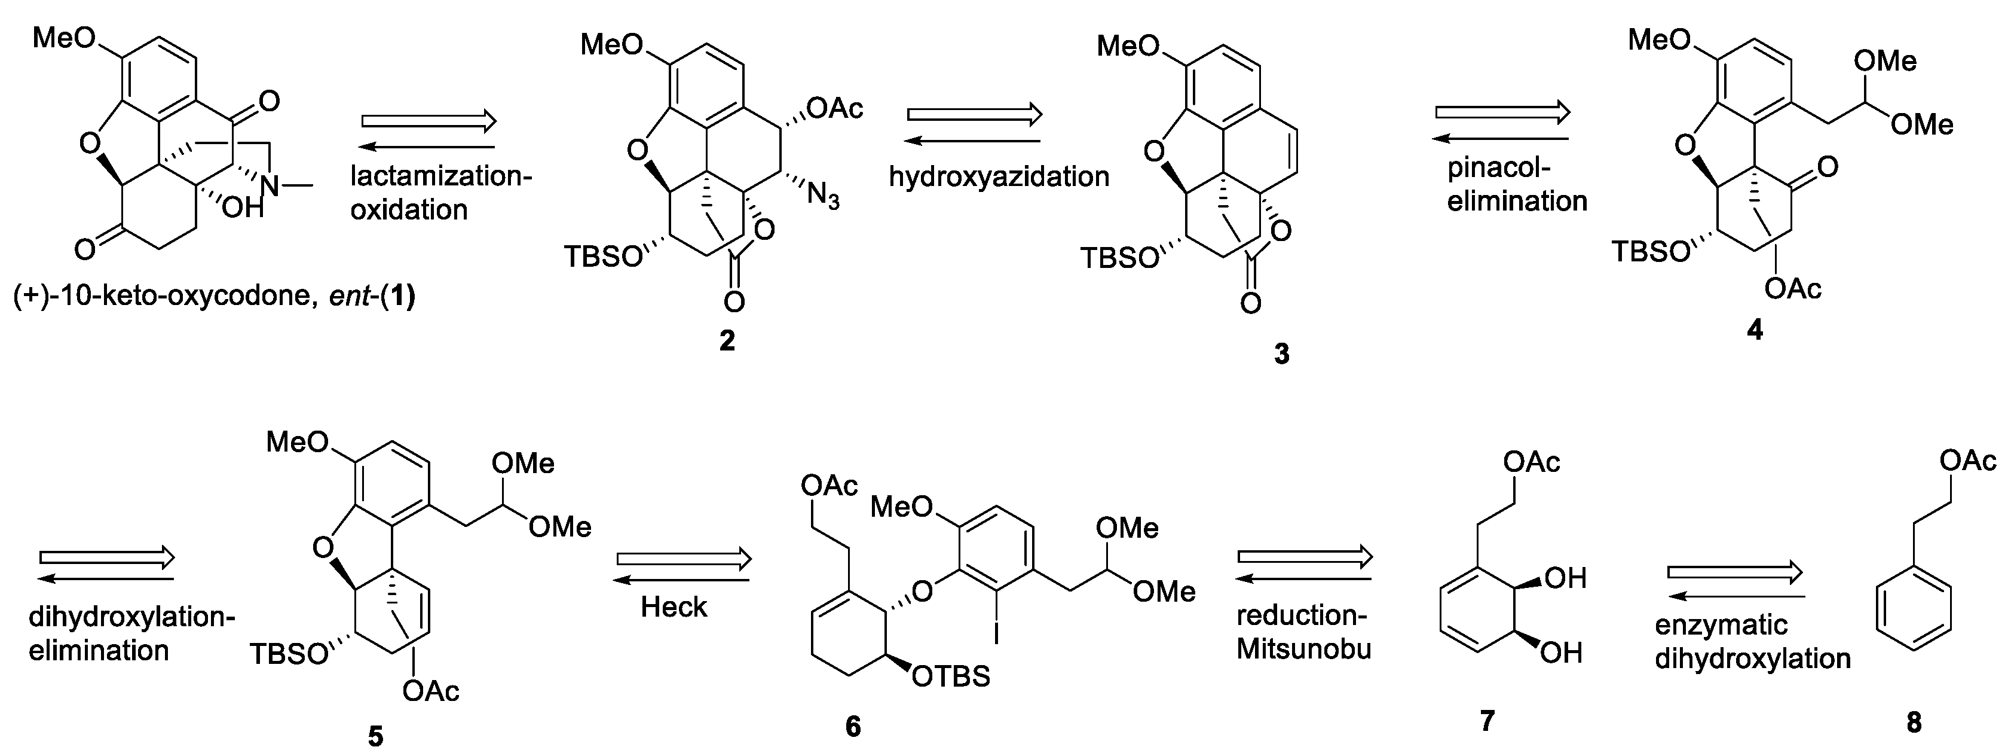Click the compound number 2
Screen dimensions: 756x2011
[727, 340]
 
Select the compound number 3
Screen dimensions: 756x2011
[1282, 354]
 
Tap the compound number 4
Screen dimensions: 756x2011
[1754, 330]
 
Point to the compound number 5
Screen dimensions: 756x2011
[375, 736]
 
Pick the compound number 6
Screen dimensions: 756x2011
[853, 726]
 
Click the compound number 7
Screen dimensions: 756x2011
[1487, 720]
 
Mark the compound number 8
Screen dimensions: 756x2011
[1914, 723]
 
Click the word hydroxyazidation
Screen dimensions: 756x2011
[999, 177]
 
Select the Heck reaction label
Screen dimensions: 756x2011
[674, 607]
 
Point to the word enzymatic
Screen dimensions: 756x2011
[1721, 625]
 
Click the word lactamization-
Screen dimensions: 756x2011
[441, 176]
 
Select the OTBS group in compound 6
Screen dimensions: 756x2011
[951, 676]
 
